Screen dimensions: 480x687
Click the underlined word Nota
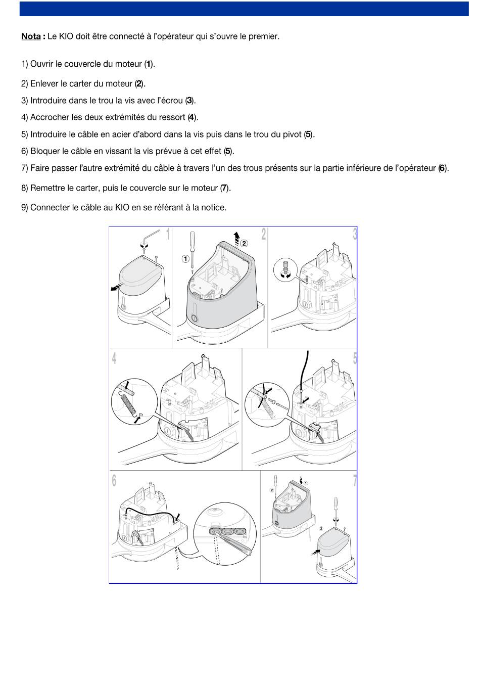[x=31, y=36]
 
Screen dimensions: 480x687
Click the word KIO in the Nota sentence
[x=66, y=36]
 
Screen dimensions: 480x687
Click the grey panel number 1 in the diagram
[x=168, y=235]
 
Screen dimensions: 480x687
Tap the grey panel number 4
[x=114, y=358]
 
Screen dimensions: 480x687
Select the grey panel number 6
[x=114, y=480]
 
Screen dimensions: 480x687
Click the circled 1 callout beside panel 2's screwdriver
[x=185, y=259]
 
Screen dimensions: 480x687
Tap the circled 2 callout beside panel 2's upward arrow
[x=244, y=243]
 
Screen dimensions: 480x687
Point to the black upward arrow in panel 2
[x=236, y=238]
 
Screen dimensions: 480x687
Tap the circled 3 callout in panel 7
[x=321, y=528]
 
